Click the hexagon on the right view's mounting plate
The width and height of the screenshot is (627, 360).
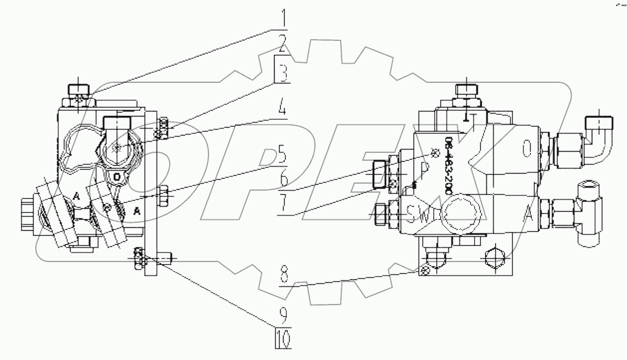(493, 260)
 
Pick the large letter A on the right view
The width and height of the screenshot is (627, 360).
(527, 213)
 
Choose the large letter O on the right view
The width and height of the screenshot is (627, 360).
(526, 149)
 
